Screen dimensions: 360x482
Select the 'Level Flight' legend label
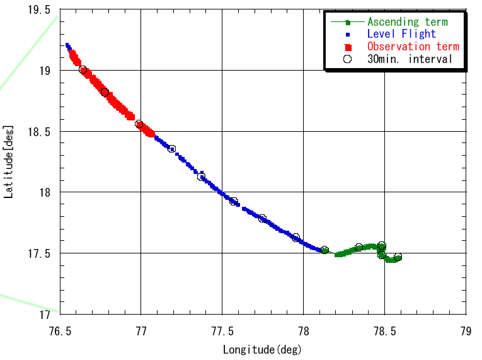[x=401, y=34]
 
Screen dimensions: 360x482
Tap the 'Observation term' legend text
[x=413, y=47]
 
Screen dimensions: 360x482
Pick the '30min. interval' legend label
[x=410, y=59]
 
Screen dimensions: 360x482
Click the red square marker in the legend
[x=347, y=47]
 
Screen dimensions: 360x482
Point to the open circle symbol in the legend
[x=347, y=59]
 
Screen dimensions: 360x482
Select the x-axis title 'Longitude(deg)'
[x=263, y=349]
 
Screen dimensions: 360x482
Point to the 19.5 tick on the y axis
[x=40, y=9]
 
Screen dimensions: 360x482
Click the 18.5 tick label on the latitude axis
[x=40, y=131]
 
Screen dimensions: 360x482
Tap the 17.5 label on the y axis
[x=40, y=253]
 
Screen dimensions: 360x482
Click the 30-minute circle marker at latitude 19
[x=83, y=70]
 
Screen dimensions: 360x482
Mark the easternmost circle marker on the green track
[x=398, y=257]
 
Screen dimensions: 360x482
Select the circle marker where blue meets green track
[x=324, y=250]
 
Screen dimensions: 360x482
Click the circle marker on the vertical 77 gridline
[x=139, y=124]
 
